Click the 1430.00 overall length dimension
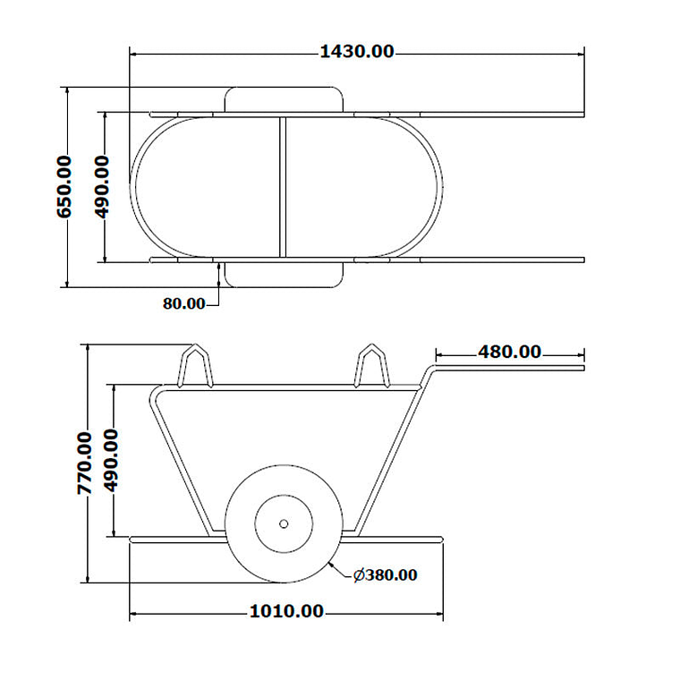pyautogui.click(x=357, y=52)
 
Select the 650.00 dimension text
pyautogui.click(x=64, y=187)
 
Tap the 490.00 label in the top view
pyautogui.click(x=102, y=187)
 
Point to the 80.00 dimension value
pyautogui.click(x=184, y=303)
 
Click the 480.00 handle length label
pyautogui.click(x=510, y=352)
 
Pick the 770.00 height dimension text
pyautogui.click(x=85, y=463)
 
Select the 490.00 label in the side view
pyautogui.click(x=111, y=461)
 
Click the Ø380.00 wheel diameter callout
pyautogui.click(x=385, y=575)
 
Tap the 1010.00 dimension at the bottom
pyautogui.click(x=286, y=611)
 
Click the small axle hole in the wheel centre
pyautogui.click(x=284, y=524)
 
